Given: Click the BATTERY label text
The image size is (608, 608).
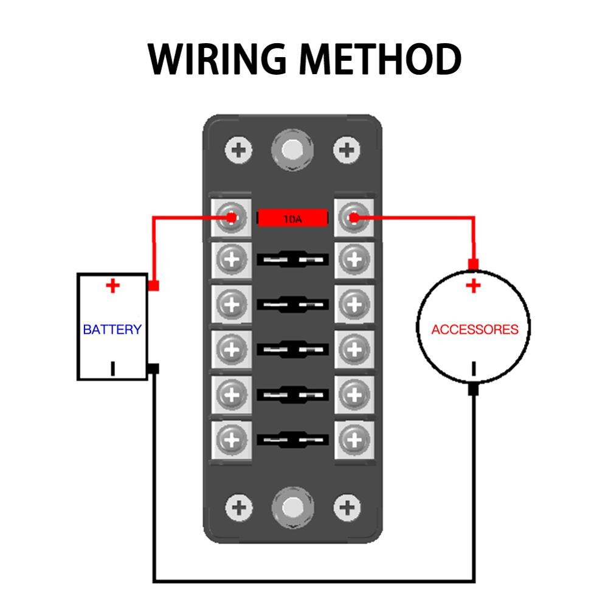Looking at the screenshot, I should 112,330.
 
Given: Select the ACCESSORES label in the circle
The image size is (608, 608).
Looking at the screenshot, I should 474,330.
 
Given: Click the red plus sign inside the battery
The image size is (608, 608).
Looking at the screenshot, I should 112,286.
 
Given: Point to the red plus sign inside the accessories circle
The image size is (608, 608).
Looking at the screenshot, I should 473,286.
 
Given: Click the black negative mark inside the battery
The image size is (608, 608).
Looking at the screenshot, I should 112,368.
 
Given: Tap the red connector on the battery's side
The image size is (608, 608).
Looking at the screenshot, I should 154,285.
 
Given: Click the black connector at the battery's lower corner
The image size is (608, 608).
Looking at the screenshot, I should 154,369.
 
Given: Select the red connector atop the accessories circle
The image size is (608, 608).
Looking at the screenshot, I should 473,264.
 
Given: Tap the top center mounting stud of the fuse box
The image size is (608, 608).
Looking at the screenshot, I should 293,148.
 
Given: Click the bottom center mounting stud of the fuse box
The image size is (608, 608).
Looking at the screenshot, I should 293,506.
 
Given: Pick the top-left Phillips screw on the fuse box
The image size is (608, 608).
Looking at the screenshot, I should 239,150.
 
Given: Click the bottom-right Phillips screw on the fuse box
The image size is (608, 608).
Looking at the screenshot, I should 347,506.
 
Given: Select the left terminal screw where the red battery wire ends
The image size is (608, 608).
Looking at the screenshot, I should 230,217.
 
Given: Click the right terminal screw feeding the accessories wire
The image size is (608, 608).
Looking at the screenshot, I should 352,217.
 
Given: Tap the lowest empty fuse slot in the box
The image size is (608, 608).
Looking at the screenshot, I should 293,438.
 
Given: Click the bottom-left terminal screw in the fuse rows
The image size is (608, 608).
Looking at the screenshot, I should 230,438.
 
